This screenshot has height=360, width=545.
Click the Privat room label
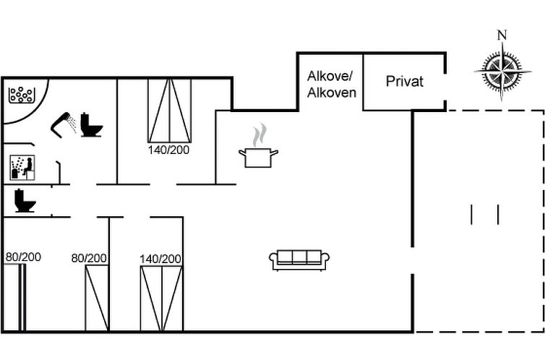coord(404,82)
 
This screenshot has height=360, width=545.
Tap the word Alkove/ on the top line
coord(330,77)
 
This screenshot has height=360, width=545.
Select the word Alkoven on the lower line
coord(331,93)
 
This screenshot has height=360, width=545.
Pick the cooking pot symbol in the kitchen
coord(259,156)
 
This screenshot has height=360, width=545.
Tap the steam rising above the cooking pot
coord(259,134)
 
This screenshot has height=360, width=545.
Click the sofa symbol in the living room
coord(299,260)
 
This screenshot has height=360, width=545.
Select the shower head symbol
coord(64,124)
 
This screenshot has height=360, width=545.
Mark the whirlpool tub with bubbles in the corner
coord(22,95)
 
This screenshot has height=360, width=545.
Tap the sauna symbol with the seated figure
coord(21,167)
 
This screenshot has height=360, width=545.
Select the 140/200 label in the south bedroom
coord(161,259)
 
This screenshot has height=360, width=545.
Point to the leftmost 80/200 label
coord(23,257)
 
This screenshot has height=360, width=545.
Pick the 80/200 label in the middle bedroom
coord(89,258)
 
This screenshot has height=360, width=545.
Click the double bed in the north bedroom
coord(170,110)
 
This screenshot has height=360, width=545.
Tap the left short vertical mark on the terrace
coord(471,215)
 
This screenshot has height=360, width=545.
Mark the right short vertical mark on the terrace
coord(499,215)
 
